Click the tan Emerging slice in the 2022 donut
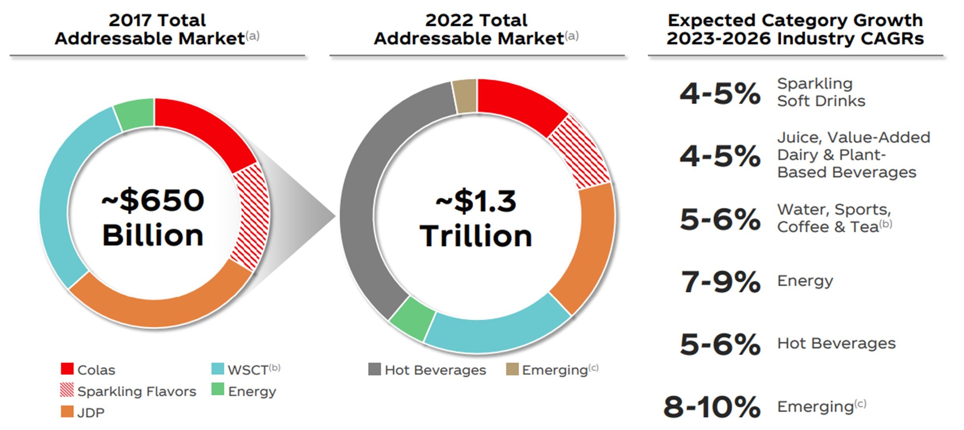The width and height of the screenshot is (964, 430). pyautogui.click(x=465, y=96)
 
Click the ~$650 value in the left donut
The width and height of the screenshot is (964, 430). pyautogui.click(x=153, y=200)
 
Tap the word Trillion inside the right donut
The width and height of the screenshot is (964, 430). pyautogui.click(x=476, y=236)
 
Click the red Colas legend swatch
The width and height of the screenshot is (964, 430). pyautogui.click(x=67, y=369)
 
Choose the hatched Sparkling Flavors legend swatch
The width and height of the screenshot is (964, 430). pyautogui.click(x=67, y=390)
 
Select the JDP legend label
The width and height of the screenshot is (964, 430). pyautogui.click(x=91, y=413)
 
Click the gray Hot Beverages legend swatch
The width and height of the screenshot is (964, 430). pyautogui.click(x=374, y=369)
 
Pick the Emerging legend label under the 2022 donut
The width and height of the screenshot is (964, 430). pyautogui.click(x=554, y=370)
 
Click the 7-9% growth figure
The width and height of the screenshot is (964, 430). pyautogui.click(x=720, y=282)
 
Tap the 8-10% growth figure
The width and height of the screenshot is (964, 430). pyautogui.click(x=712, y=407)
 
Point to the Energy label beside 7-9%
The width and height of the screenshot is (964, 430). pyautogui.click(x=805, y=281)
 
